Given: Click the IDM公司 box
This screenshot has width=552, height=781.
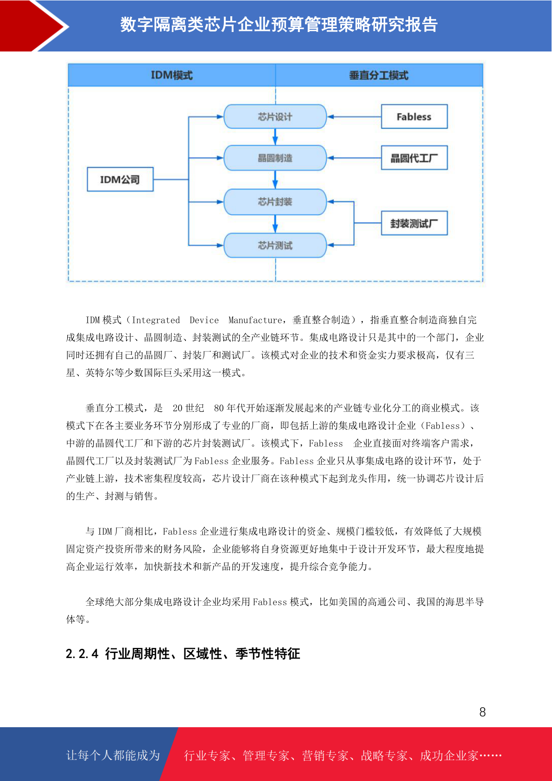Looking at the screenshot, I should [120, 179].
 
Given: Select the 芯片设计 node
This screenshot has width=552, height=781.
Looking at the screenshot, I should [275, 116].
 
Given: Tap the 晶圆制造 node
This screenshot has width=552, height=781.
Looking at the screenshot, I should [275, 158].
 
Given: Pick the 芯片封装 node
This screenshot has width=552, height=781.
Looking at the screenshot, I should [275, 202].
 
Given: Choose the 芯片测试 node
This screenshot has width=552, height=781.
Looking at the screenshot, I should [275, 245].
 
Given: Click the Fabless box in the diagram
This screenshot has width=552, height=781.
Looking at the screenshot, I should [414, 117].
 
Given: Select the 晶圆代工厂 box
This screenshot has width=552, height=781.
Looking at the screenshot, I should [414, 158].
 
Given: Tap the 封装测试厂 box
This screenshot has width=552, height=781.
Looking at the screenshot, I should [414, 224].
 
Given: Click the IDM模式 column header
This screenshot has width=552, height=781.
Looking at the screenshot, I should [171, 75].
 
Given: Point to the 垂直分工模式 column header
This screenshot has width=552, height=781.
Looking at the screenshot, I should [379, 75].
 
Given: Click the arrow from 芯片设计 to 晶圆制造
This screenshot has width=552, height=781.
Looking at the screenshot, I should [275, 137].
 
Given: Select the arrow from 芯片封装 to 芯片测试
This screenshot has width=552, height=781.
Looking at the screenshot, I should [275, 224].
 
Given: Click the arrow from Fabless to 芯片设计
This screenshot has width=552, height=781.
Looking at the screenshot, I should [354, 117].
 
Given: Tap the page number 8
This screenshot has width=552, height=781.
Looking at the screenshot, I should [482, 712].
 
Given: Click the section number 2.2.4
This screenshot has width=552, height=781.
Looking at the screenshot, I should [82, 654].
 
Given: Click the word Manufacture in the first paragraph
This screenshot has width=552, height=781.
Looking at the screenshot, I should [255, 320].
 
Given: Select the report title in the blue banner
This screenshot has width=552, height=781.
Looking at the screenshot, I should [279, 25].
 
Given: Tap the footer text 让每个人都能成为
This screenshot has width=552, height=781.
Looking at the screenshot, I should [113, 755].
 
